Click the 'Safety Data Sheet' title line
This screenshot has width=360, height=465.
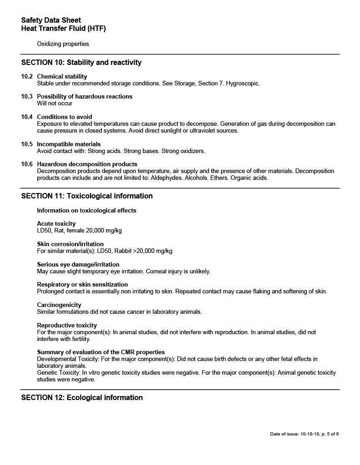pyautogui.click(x=51, y=20)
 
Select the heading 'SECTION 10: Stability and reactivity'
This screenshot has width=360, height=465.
pyautogui.click(x=81, y=63)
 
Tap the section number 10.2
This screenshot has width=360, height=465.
pyautogui.click(x=27, y=76)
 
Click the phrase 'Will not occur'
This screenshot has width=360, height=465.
pyautogui.click(x=55, y=104)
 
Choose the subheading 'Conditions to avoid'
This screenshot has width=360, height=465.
pyautogui.click(x=64, y=117)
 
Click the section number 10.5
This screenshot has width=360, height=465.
pyautogui.click(x=27, y=144)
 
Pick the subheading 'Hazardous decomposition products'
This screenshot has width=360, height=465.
pyautogui.click(x=87, y=164)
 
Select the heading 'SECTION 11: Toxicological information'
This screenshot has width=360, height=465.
pyautogui.click(x=87, y=196)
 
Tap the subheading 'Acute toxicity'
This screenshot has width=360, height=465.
pyautogui.click(x=56, y=223)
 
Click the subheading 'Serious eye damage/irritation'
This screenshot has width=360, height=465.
pyautogui.click(x=78, y=264)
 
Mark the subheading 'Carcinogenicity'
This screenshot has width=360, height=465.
pyautogui.click(x=59, y=305)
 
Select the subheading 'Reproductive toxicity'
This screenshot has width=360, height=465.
pyautogui.click(x=67, y=325)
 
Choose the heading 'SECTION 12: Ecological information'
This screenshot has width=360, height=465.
pyautogui.click(x=82, y=398)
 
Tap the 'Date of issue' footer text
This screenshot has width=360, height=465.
pyautogui.click(x=304, y=434)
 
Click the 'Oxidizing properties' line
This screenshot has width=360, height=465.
pyautogui.click(x=63, y=44)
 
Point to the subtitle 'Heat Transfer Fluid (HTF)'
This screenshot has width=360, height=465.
pyautogui.click(x=63, y=29)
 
